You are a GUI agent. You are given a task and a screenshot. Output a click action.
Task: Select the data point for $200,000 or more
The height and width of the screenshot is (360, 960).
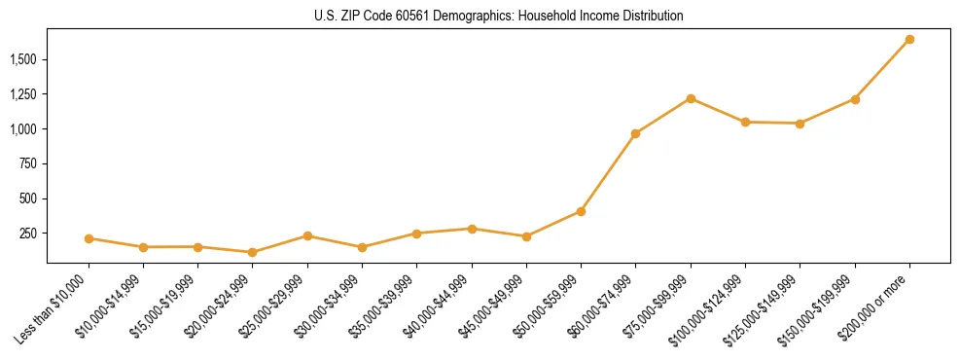[x=909, y=40]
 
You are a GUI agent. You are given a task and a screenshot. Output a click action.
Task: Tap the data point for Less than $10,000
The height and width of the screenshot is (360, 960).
[x=89, y=238]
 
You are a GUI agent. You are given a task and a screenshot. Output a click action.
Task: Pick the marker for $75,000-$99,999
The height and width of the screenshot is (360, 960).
[x=691, y=98]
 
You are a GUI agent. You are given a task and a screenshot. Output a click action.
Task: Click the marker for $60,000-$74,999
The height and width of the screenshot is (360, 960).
[x=635, y=133]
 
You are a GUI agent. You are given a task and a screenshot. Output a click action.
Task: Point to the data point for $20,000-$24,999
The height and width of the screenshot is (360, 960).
[x=253, y=252]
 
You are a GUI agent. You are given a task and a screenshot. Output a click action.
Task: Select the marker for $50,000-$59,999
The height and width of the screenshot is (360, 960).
[x=581, y=211]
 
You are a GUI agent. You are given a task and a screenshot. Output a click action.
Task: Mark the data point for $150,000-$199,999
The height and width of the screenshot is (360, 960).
[x=855, y=99]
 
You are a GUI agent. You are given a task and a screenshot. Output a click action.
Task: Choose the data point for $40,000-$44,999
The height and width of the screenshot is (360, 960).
[x=472, y=229]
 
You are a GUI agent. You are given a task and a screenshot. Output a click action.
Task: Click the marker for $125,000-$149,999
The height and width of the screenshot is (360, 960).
[x=800, y=124]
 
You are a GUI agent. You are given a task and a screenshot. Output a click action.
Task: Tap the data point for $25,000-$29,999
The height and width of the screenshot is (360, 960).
[x=307, y=235]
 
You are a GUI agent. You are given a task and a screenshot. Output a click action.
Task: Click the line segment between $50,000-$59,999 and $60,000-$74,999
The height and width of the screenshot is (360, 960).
[x=608, y=172]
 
